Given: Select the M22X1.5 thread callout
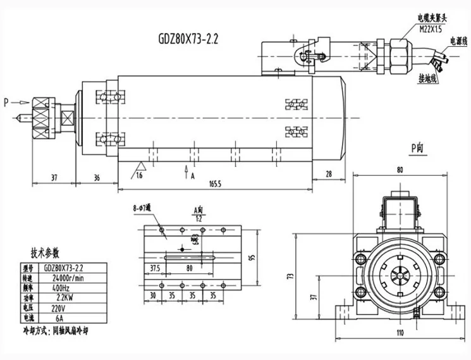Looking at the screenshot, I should (x=431, y=28).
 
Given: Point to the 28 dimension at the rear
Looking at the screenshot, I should (x=329, y=175).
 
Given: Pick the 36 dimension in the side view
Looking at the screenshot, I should (x=96, y=178).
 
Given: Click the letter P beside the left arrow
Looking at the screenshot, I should (x=6, y=101).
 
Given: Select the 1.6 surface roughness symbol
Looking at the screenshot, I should (x=139, y=175).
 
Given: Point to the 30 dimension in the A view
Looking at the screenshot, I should (x=152, y=295).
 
